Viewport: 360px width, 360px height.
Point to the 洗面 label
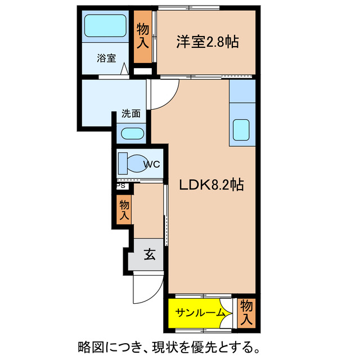131,113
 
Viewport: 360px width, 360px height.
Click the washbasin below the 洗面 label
133,134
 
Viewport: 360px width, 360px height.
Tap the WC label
152,164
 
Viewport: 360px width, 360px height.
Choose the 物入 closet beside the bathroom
143,35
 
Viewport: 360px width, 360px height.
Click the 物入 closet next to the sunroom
246,312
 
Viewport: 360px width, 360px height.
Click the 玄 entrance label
149,255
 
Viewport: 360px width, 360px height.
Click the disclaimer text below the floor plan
168,345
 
